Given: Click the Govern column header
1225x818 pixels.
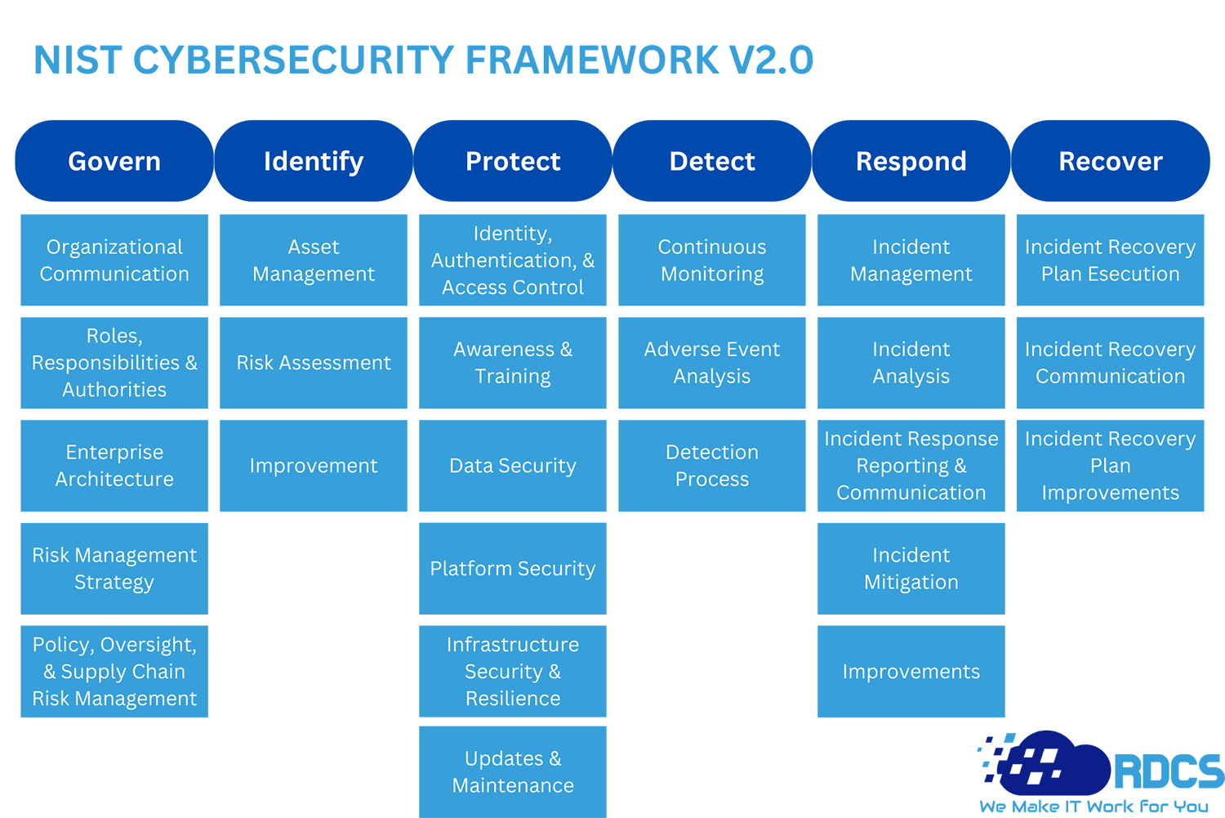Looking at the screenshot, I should coord(114,161).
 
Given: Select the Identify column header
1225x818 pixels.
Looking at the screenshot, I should coord(314,161).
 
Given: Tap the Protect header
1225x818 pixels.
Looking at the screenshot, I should coord(513,161).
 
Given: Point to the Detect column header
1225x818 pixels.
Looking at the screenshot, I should coord(712,161).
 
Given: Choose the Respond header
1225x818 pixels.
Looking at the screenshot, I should coord(911,161).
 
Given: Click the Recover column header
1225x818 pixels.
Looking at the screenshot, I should coord(1111,161).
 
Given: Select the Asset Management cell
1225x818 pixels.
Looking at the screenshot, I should coord(314,260).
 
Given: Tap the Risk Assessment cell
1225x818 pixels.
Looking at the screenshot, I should coord(314,363).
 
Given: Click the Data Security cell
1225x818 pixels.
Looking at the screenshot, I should coord(513,466).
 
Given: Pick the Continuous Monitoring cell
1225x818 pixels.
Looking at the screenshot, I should coord(712,260).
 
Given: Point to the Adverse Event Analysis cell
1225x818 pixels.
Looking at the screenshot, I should coord(712,363).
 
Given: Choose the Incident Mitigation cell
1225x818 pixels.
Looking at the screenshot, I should coord(911,569).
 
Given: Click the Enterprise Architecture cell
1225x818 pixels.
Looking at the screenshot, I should coord(114,466).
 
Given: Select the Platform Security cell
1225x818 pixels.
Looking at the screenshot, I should coord(513,569).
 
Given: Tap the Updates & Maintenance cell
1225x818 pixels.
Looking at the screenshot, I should coord(513,772).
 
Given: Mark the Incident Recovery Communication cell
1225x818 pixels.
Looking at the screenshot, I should coord(1111,363).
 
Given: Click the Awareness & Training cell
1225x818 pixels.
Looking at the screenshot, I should coord(513,363).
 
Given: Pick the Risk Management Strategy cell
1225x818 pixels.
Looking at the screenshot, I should coord(114,569).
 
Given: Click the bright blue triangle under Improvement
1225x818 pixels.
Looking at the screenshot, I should coord(313,556).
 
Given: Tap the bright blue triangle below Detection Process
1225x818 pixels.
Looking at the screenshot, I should coord(712,556).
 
